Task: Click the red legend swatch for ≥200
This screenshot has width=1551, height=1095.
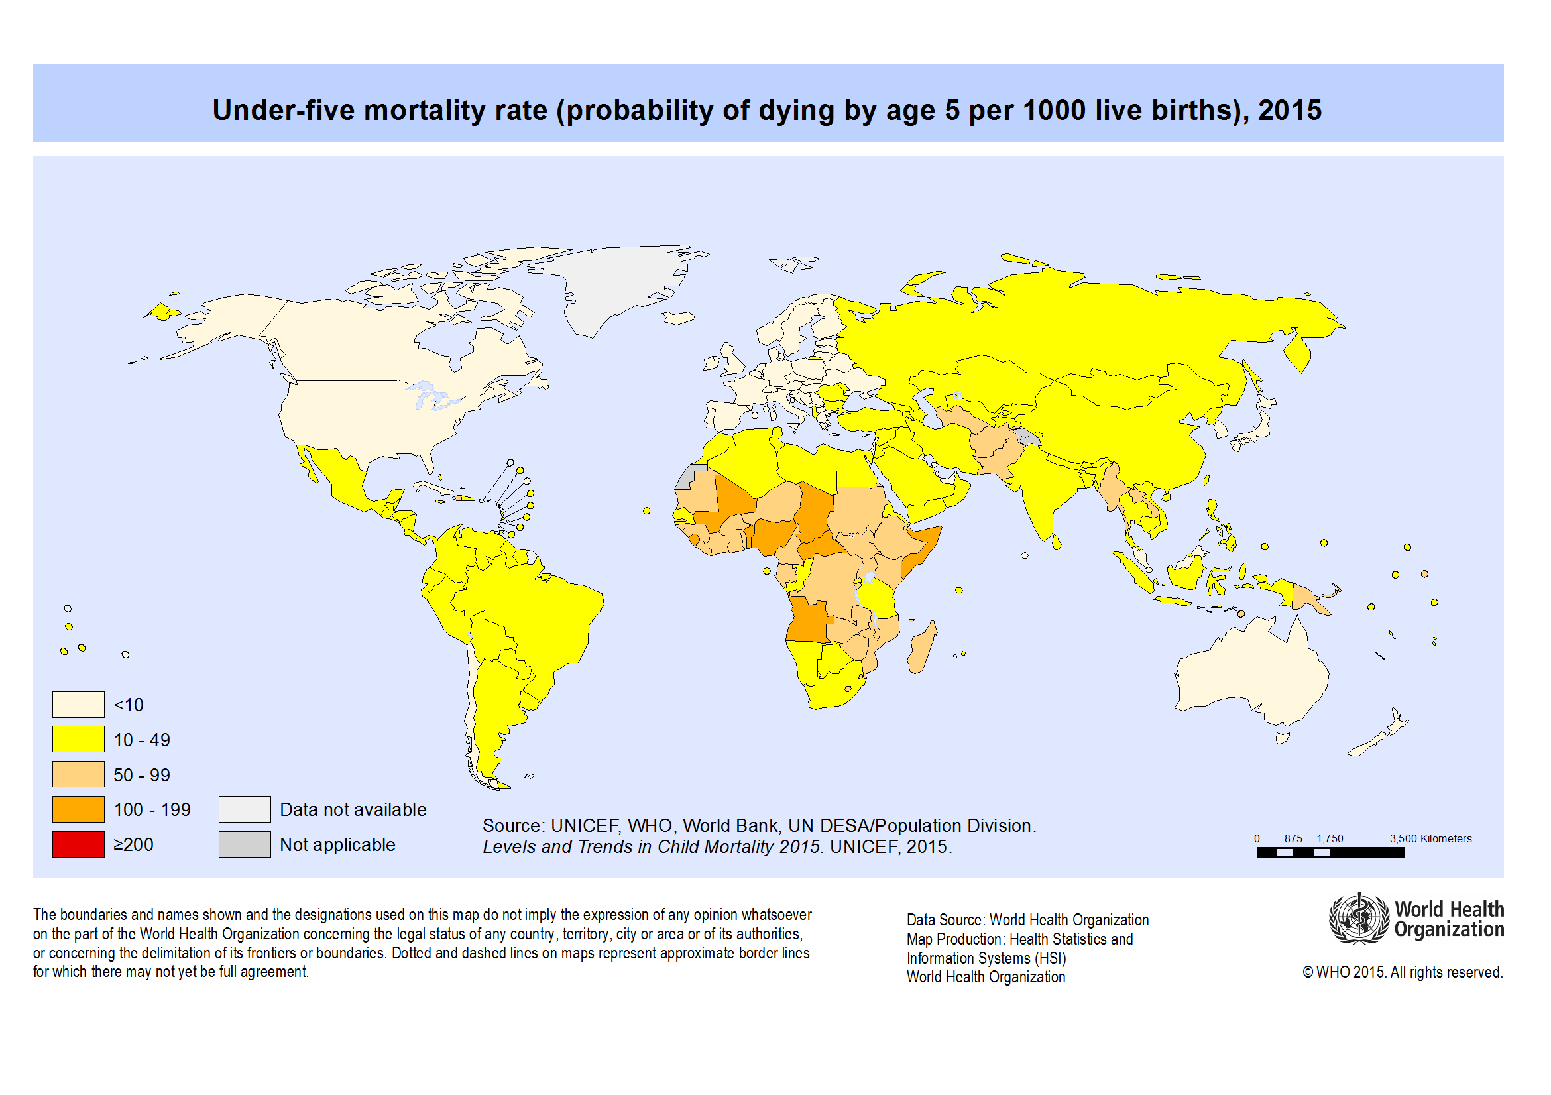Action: tap(78, 844)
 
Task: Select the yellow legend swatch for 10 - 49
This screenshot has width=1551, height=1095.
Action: tap(78, 739)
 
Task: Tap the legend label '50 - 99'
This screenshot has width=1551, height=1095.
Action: tap(142, 775)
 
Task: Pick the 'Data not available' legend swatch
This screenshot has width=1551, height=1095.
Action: tap(245, 809)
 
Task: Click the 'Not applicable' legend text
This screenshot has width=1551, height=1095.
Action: tap(337, 844)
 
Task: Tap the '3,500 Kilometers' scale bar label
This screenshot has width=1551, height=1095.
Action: tap(1430, 838)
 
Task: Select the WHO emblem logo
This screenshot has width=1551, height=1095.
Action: tap(1359, 919)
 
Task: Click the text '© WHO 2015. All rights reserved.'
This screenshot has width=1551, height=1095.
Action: tap(1402, 972)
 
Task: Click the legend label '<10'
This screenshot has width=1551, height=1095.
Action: tap(129, 705)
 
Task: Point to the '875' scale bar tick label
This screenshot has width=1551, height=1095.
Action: tap(1293, 838)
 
